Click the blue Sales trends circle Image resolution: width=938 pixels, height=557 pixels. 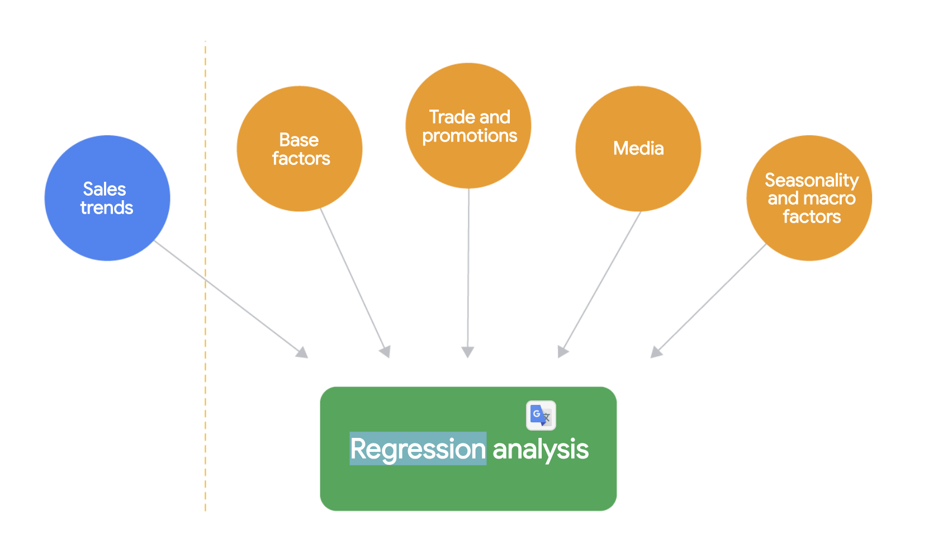click(107, 198)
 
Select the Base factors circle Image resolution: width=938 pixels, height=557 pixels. click(300, 149)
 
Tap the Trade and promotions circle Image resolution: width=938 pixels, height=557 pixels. click(468, 126)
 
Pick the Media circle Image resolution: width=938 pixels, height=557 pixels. click(638, 149)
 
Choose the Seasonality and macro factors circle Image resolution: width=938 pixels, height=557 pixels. click(809, 198)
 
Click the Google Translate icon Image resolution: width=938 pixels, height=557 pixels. click(541, 416)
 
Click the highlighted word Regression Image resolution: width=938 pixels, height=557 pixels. click(418, 449)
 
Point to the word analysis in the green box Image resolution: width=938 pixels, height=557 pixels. click(541, 450)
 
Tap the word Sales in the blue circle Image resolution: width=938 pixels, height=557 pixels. click(105, 189)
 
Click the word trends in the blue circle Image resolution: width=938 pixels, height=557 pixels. click(107, 207)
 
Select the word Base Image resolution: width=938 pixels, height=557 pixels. click(299, 140)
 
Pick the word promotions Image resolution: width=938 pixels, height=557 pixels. click(470, 136)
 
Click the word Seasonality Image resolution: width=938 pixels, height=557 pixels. click(812, 181)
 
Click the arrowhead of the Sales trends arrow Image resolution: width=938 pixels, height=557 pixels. click(302, 353)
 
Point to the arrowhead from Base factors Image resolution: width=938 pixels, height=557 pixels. click(386, 352)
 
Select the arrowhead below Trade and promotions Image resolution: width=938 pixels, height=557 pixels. click(468, 352)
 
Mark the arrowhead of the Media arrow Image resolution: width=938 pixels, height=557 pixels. click(562, 352)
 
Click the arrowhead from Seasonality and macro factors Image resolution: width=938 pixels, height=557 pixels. click(656, 352)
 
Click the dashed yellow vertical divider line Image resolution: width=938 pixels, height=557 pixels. click(205, 276)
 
